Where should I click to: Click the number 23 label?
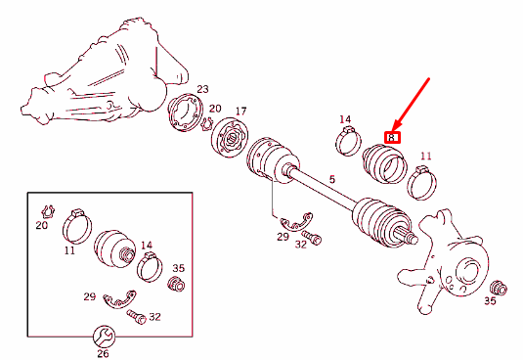(202, 89)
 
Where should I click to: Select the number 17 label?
(240, 111)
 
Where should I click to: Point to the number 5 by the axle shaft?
(331, 180)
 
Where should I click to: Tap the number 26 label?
(103, 353)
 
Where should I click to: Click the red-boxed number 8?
(393, 139)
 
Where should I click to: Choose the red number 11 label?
(424, 156)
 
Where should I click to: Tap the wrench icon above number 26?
(104, 335)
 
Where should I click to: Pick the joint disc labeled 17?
(233, 137)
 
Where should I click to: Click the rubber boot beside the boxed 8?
(384, 163)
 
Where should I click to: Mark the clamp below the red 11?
(423, 181)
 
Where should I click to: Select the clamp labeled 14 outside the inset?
(349, 143)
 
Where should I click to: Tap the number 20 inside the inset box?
(41, 226)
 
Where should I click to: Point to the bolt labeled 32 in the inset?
(136, 316)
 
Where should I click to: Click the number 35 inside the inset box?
(178, 268)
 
